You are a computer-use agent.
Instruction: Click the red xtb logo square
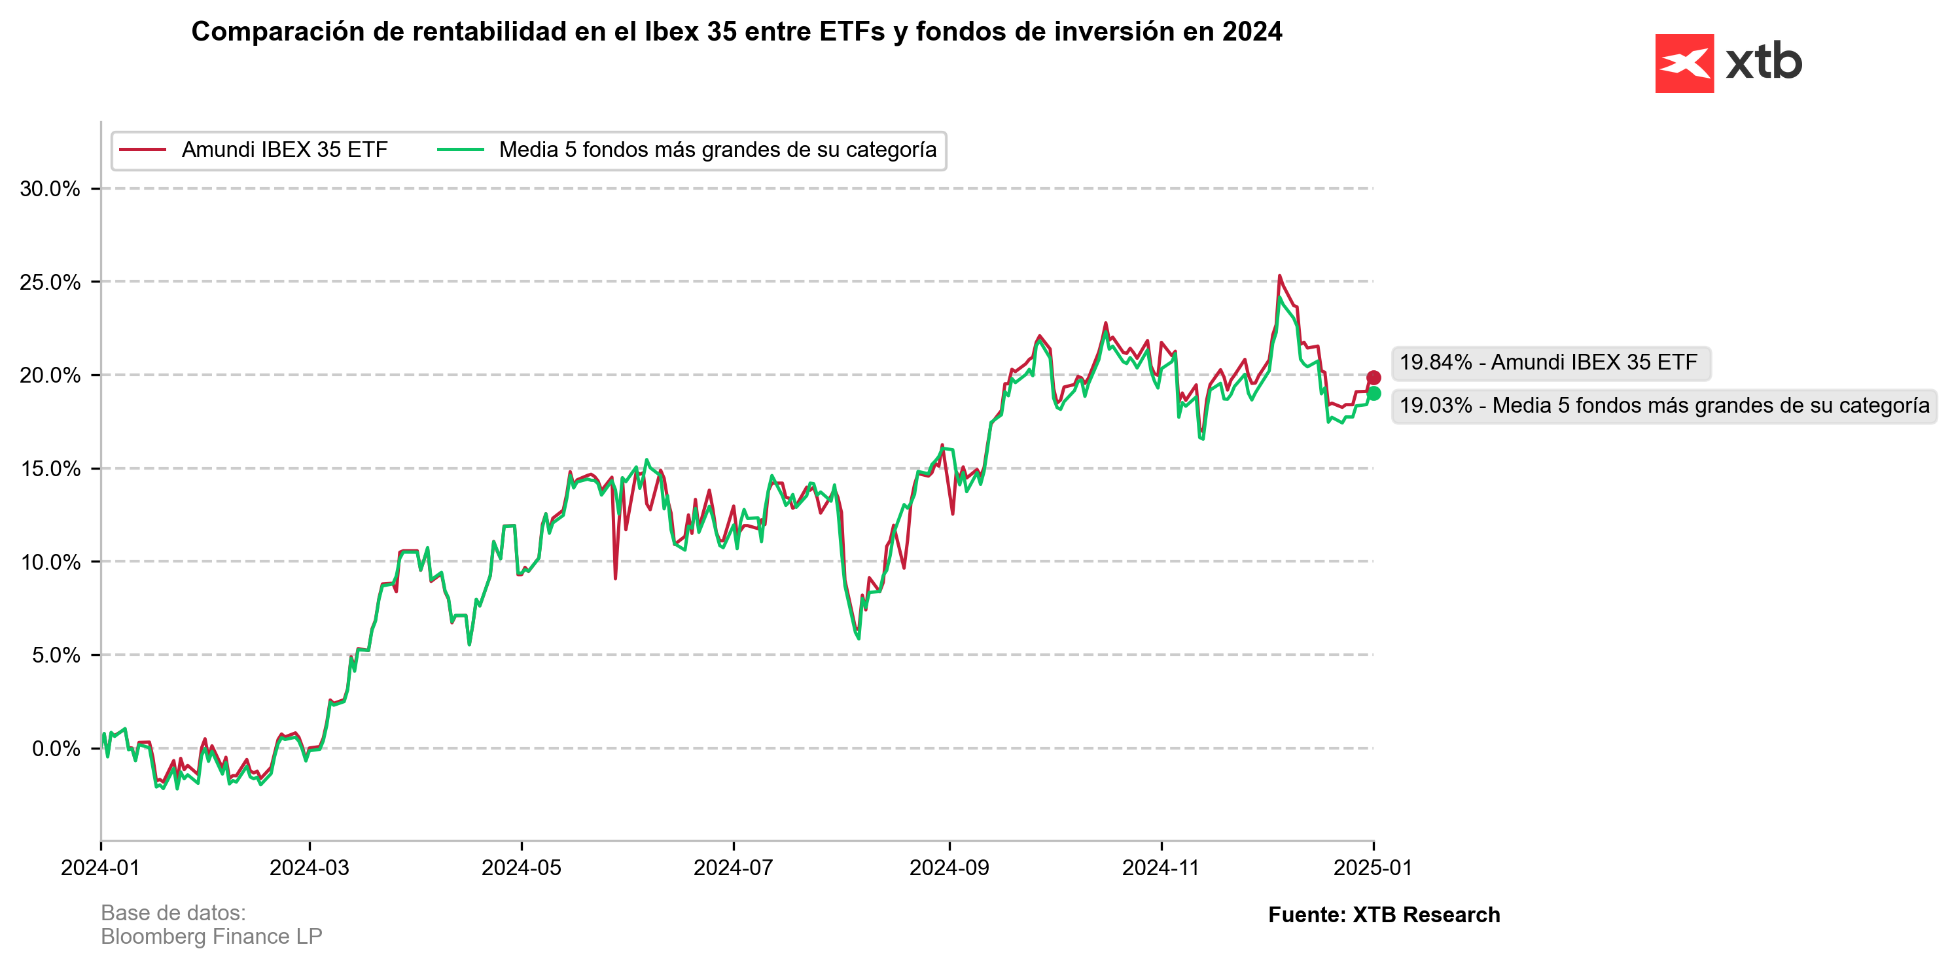1684,63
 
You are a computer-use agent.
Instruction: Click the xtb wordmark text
1764,62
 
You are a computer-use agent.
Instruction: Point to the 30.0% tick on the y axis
50,188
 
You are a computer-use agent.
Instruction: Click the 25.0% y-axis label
50,283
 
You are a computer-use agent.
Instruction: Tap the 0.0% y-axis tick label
55,748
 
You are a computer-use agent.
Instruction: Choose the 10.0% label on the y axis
50,562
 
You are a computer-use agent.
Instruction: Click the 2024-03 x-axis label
309,867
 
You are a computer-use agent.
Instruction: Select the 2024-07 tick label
733,867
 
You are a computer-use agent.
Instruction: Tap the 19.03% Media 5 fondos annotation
1663,406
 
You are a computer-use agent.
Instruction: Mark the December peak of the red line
1279,276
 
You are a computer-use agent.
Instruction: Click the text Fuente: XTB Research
1383,914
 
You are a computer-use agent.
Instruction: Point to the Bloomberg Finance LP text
211,937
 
